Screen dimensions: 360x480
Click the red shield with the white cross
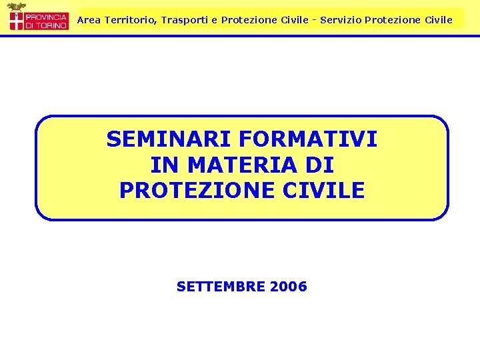16,20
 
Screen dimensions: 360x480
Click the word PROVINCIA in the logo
46,16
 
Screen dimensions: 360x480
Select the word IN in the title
161,165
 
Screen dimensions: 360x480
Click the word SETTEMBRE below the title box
221,287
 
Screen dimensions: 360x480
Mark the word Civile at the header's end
438,20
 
